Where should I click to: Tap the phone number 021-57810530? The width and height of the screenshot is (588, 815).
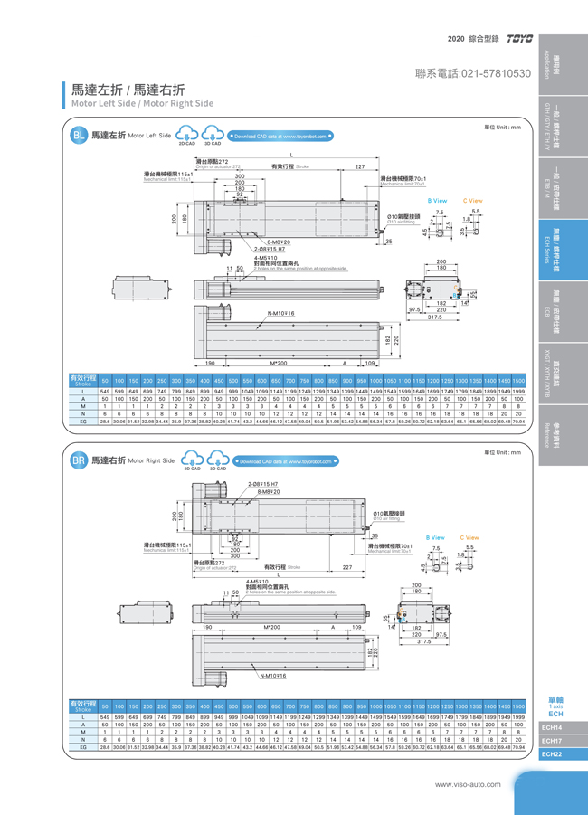coord(472,72)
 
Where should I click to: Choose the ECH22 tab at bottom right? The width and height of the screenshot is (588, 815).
coord(552,753)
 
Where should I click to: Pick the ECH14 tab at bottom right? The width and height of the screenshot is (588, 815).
coord(552,727)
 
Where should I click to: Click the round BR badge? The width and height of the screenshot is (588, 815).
coord(79,460)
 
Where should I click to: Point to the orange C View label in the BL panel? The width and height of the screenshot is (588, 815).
coord(472,201)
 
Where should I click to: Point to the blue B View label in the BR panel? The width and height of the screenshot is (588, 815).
coord(435,537)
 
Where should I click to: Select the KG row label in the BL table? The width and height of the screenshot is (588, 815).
coord(82,422)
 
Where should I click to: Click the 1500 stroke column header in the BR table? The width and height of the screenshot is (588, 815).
coord(517,706)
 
